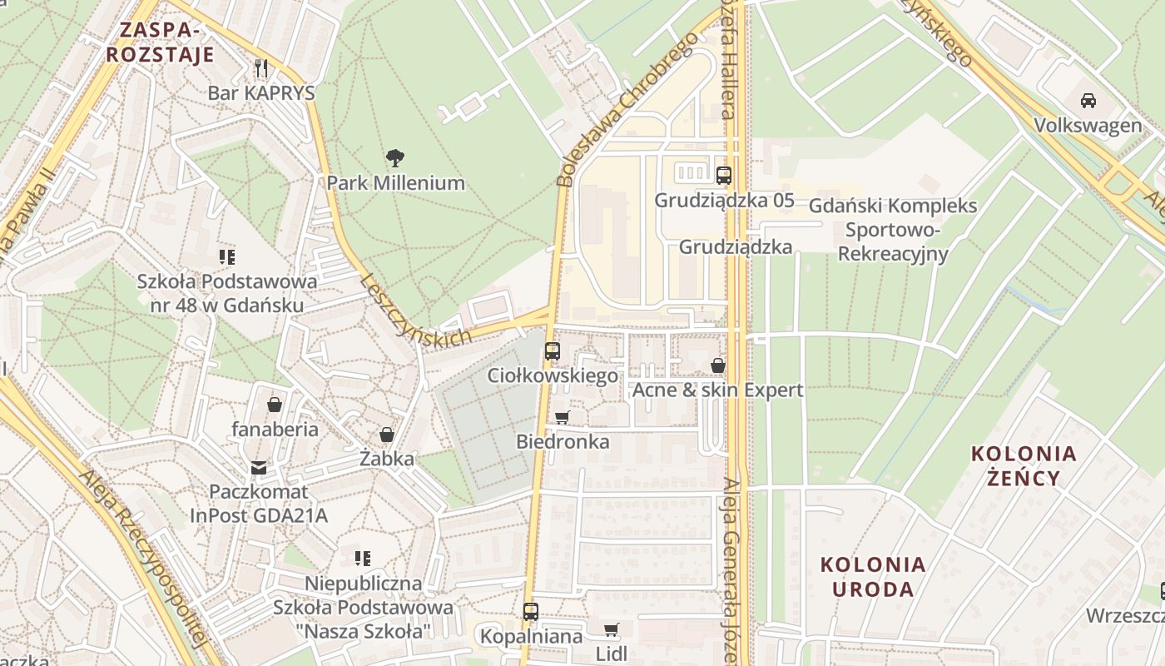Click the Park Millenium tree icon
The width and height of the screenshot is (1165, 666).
point(395,157)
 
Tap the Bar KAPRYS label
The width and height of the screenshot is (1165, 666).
point(261,92)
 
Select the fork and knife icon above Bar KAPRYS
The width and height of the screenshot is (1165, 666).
point(261,67)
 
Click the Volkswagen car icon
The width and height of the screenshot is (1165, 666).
point(1088,101)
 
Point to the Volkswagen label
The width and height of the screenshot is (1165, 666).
point(1088,126)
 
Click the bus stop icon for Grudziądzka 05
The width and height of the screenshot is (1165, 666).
point(724,175)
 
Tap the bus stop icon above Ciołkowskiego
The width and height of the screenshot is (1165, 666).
point(553,350)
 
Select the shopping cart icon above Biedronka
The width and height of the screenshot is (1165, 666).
point(563,416)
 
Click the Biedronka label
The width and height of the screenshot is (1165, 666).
point(563,441)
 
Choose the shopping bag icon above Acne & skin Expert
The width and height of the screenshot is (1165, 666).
point(717,365)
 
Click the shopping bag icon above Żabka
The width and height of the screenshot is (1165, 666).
point(386,435)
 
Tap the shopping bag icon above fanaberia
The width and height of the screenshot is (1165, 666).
point(275,405)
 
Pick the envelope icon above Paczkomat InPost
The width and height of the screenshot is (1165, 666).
point(259,467)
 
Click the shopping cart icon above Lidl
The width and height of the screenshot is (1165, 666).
point(612,629)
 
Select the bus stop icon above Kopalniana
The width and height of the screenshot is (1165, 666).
point(531,612)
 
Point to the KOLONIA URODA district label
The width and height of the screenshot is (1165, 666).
point(873,576)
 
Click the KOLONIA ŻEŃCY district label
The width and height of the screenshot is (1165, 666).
point(1024,465)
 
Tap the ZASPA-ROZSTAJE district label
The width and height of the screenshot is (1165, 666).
point(161,42)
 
